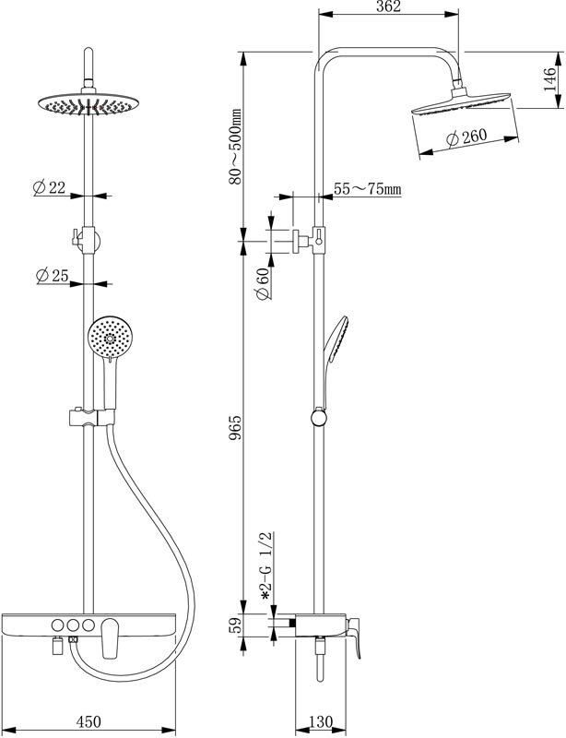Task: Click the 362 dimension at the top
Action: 388,7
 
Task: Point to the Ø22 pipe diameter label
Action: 48,187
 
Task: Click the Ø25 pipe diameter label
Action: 50,275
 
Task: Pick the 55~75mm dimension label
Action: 367,189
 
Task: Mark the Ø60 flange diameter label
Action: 261,281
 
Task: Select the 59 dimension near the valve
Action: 235,626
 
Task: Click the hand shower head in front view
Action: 109,339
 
